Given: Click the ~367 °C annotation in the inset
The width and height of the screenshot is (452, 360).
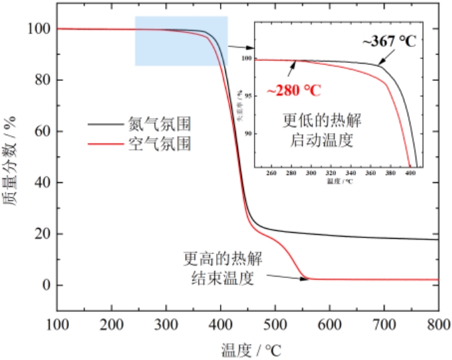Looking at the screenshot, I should [389, 41].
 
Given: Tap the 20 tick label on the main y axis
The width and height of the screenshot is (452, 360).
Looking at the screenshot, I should [42, 234].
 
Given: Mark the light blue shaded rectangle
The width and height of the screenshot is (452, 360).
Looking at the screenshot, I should [181, 41].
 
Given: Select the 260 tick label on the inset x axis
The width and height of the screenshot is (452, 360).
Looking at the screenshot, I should [271, 174].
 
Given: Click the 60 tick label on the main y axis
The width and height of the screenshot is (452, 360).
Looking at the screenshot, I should [42, 131].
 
